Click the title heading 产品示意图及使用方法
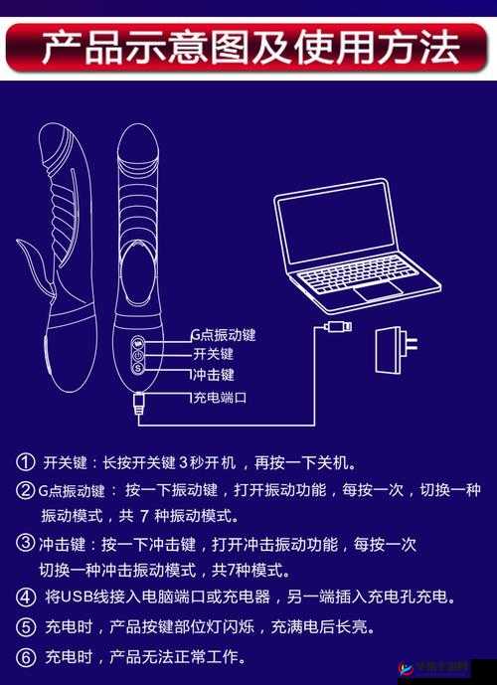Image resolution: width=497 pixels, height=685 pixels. [248, 46]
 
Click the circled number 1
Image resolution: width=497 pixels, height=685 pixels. [25, 462]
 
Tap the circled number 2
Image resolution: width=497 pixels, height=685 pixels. [25, 489]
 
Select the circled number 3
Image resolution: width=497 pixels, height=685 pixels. [25, 543]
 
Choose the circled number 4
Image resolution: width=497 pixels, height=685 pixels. [25, 598]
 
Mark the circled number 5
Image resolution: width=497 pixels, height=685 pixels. [25, 627]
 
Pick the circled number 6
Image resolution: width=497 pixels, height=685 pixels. [25, 657]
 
